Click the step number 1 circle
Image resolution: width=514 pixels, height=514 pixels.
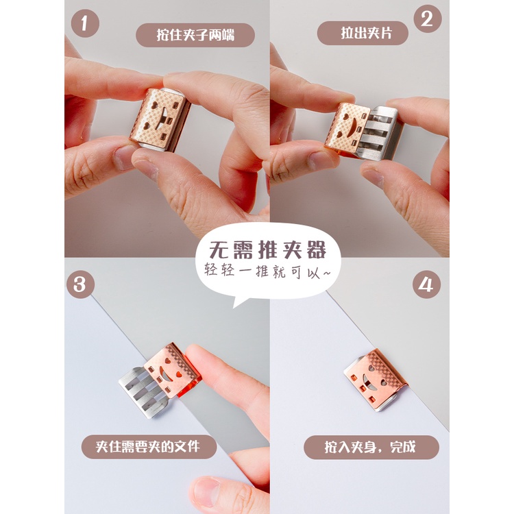coord(85,23)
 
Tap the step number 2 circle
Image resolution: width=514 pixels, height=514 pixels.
coord(428,19)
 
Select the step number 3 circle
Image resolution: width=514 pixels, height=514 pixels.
coord(80,284)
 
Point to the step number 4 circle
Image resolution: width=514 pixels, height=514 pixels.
coord(426,284)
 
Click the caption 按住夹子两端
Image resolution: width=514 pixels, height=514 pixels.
coord(195,35)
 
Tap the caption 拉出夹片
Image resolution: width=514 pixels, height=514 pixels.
coord(363,33)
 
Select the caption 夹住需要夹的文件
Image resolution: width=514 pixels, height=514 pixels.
coord(149,446)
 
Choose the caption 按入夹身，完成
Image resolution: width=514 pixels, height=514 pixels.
coord(371,447)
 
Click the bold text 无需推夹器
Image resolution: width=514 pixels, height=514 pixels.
coord(267,250)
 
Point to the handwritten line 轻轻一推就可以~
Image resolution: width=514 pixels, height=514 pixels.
coord(267,271)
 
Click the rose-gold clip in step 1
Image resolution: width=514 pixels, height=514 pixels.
coord(159,120)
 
